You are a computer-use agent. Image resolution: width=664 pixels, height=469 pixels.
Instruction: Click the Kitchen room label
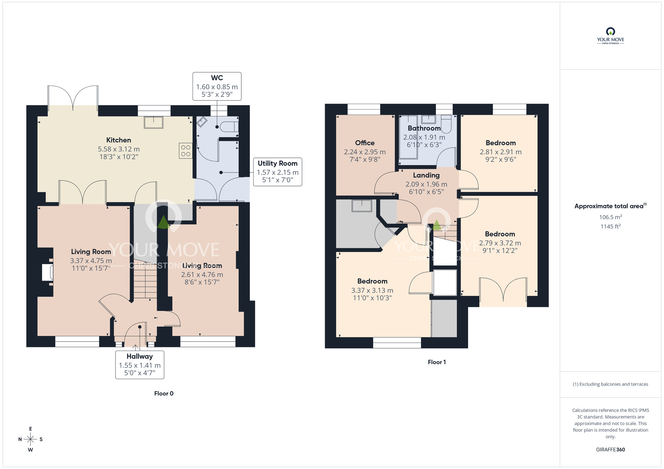pyautogui.click(x=119, y=140)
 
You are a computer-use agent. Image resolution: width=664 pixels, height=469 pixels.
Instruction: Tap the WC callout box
pyautogui.click(x=217, y=86)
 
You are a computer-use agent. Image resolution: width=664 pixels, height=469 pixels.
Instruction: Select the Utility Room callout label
pyautogui.click(x=278, y=164)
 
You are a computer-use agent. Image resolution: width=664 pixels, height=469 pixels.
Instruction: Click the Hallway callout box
pyautogui.click(x=139, y=365)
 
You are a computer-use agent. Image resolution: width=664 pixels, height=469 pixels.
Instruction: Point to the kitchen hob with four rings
pyautogui.click(x=186, y=151)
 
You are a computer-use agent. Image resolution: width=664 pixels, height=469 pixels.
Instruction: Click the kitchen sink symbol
pyautogui.click(x=153, y=122)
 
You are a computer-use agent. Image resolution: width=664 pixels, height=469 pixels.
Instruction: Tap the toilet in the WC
pyautogui.click(x=230, y=127)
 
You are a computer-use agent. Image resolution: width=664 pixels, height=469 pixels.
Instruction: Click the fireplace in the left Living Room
pyautogui.click(x=47, y=272)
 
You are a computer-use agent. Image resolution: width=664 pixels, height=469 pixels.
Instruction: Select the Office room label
pyautogui.click(x=365, y=143)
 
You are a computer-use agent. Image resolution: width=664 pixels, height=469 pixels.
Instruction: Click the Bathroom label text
pyautogui.click(x=424, y=128)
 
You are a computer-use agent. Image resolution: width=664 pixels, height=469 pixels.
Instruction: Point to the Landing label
pyautogui.click(x=426, y=175)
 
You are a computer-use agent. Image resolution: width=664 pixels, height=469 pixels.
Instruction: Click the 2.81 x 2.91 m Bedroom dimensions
pyautogui.click(x=500, y=152)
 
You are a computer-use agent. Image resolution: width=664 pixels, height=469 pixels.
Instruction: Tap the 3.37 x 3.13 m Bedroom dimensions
pyautogui.click(x=372, y=291)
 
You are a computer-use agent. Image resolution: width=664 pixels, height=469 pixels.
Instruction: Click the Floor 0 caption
pyautogui.click(x=164, y=393)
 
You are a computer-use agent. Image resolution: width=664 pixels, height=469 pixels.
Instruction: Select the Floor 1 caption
pyautogui.click(x=437, y=362)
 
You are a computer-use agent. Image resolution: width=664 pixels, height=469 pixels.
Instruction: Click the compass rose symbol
pyautogui.click(x=31, y=439)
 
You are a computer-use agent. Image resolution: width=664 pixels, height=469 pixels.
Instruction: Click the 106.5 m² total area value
pyautogui.click(x=610, y=217)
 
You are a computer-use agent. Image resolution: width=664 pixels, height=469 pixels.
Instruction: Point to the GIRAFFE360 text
pyautogui.click(x=610, y=450)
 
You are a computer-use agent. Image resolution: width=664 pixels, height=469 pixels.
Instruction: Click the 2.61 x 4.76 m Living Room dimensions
pyautogui.click(x=202, y=275)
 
